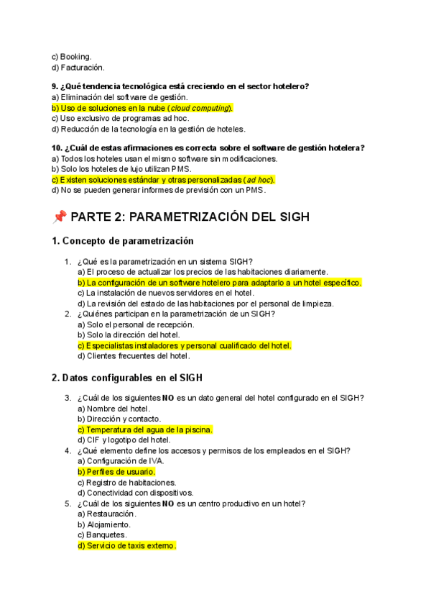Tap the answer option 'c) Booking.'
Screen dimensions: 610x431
[x=72, y=56]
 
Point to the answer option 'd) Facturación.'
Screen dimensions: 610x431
[x=78, y=67]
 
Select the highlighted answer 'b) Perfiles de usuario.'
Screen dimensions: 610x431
[x=116, y=472]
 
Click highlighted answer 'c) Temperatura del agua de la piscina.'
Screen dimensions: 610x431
[x=145, y=429]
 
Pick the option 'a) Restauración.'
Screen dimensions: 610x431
[x=107, y=514]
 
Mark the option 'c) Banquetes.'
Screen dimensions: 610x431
[x=103, y=535]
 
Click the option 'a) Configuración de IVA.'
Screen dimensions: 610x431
[x=121, y=461]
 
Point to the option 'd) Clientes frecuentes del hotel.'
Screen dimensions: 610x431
[x=134, y=356]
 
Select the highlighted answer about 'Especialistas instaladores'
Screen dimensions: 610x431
[x=185, y=345]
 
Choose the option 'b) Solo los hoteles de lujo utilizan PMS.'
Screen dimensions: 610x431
[x=121, y=169]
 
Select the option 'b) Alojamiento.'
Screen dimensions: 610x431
[x=105, y=525]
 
